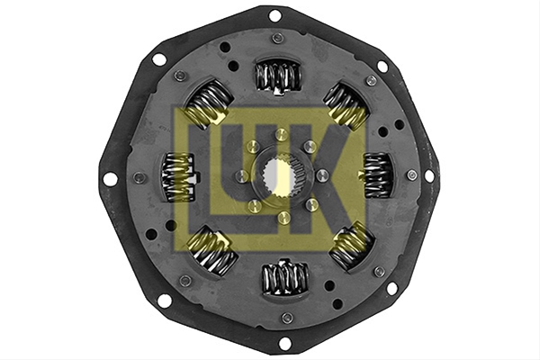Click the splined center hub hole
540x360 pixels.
pos(280,175)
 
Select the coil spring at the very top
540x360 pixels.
pos(278,76)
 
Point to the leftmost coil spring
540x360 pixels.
pos(178,177)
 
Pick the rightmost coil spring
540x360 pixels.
pos(378,175)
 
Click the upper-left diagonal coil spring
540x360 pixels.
pos(209,103)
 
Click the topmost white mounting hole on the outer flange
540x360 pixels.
pos(274,15)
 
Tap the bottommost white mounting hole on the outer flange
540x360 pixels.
pos(284,343)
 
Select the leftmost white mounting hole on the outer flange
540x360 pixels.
pos(110,179)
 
